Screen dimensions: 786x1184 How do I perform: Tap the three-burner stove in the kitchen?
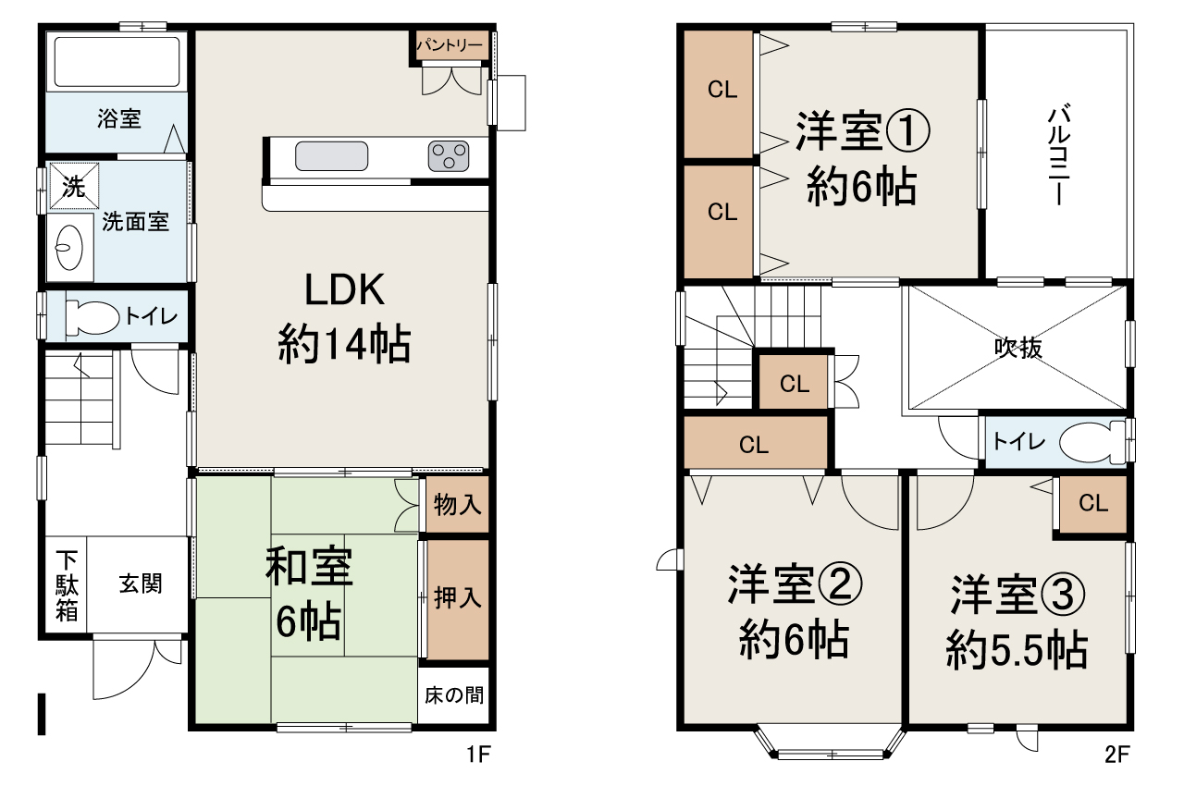[x=448, y=155]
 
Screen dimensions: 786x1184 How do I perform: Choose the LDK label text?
[x=344, y=291]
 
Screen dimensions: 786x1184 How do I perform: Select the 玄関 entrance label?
[x=141, y=584]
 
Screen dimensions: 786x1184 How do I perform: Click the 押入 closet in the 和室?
[x=458, y=598]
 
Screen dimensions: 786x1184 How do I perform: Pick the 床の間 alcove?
[x=454, y=694]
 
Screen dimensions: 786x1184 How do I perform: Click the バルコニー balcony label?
[x=1058, y=155]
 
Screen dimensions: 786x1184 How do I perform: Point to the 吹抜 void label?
[x=1017, y=348]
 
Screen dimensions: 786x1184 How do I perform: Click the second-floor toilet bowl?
[x=1089, y=442]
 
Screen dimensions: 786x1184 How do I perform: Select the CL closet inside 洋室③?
[x=1093, y=504]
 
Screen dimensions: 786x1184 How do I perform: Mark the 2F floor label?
[x=1117, y=755]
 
